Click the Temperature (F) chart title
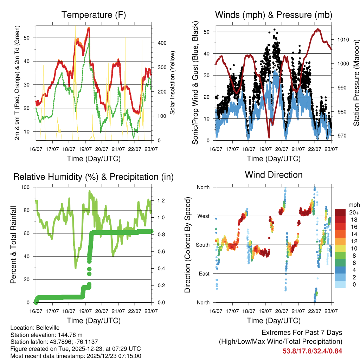94,15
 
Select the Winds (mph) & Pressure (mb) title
274,15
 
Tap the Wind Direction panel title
274,174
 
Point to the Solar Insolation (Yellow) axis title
173,83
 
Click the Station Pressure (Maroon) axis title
356,83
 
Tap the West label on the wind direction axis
203,216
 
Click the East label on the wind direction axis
204,274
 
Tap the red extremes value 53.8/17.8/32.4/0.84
312,351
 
